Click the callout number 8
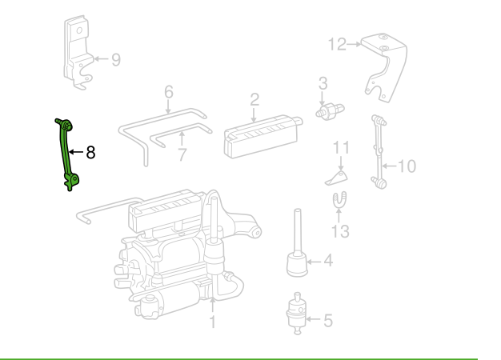click(x=90, y=152)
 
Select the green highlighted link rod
click(x=66, y=152)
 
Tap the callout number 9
click(x=116, y=59)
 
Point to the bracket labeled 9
click(x=78, y=51)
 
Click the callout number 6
click(x=168, y=92)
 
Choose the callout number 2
click(x=255, y=99)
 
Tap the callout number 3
click(x=323, y=82)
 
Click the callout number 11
click(x=342, y=147)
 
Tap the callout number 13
click(x=342, y=231)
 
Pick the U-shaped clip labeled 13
click(x=339, y=202)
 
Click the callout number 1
click(x=213, y=322)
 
